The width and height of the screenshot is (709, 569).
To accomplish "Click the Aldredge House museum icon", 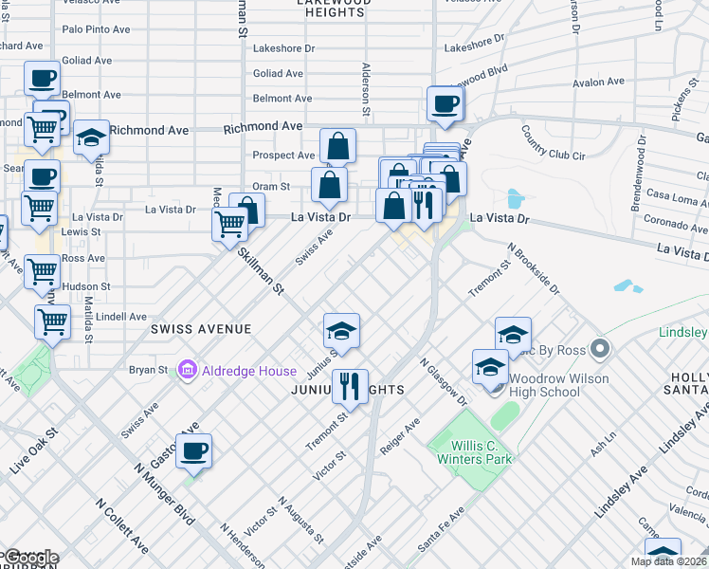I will point(186,370).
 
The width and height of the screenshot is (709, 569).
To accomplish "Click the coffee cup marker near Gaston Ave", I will point(194,451).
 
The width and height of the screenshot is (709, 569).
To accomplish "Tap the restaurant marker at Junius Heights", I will point(350,384).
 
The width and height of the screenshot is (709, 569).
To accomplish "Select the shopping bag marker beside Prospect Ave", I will point(337,147).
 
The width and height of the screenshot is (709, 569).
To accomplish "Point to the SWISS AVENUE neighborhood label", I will point(200,329).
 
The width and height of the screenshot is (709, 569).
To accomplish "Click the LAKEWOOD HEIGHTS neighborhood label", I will point(333,6).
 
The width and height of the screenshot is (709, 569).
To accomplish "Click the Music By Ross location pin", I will point(598,350).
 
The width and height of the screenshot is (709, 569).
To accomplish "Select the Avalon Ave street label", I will point(598,83).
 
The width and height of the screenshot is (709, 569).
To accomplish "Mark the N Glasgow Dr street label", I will point(442,383).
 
